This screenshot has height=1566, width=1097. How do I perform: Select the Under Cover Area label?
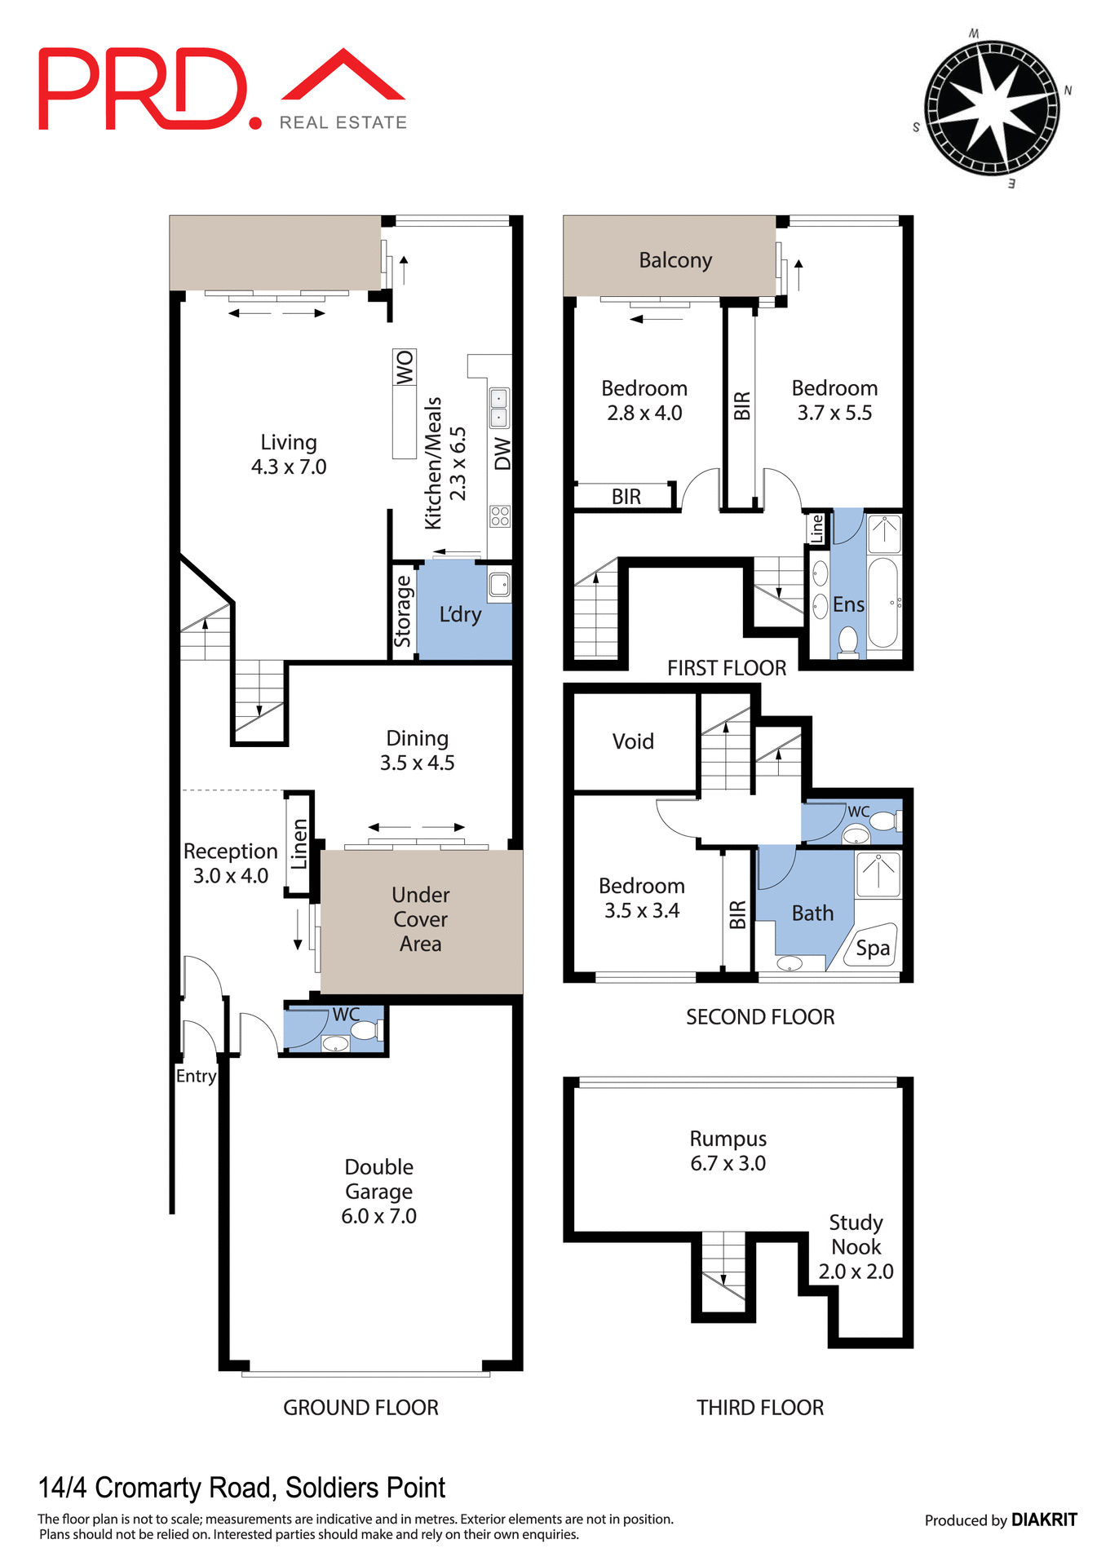[420, 919]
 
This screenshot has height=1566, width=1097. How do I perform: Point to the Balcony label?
[675, 260]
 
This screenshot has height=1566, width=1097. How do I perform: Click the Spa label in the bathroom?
[873, 948]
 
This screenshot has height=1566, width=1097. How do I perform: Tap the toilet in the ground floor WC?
[365, 1030]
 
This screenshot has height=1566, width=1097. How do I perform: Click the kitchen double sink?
[498, 408]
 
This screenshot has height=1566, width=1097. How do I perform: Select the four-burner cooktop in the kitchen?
[500, 515]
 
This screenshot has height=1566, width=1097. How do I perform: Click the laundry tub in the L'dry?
[499, 584]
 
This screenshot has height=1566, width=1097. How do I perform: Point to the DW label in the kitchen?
[502, 453]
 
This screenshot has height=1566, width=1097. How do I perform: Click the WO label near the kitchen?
[405, 367]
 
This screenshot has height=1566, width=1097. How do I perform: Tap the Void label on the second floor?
[633, 741]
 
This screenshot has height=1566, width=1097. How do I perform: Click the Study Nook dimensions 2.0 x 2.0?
[856, 1272]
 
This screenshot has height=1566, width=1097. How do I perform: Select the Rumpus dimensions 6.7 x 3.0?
[728, 1163]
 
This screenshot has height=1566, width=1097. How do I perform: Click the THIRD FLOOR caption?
[759, 1408]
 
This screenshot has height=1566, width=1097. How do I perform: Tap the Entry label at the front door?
[197, 1076]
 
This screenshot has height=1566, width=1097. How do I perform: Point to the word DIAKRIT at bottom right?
[1044, 1520]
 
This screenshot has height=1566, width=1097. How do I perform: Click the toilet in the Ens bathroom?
[848, 640]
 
